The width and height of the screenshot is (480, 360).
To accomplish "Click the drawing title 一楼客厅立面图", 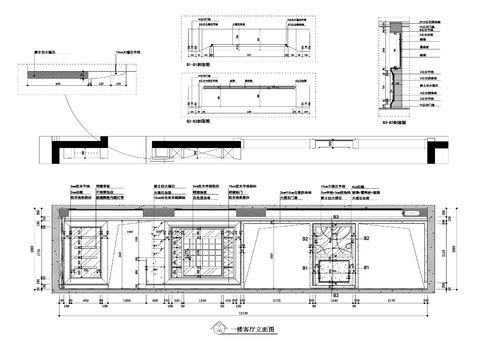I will (x=251, y=328).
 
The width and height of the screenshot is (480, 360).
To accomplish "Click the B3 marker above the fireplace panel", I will (x=337, y=217).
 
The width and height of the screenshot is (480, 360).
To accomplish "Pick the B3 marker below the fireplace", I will (x=337, y=297).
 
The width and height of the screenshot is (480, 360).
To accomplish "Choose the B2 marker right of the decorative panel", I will (x=367, y=239).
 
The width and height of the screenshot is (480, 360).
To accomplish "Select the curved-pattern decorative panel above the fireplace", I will (x=337, y=238).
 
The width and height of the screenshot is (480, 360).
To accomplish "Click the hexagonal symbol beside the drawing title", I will (x=219, y=328).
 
